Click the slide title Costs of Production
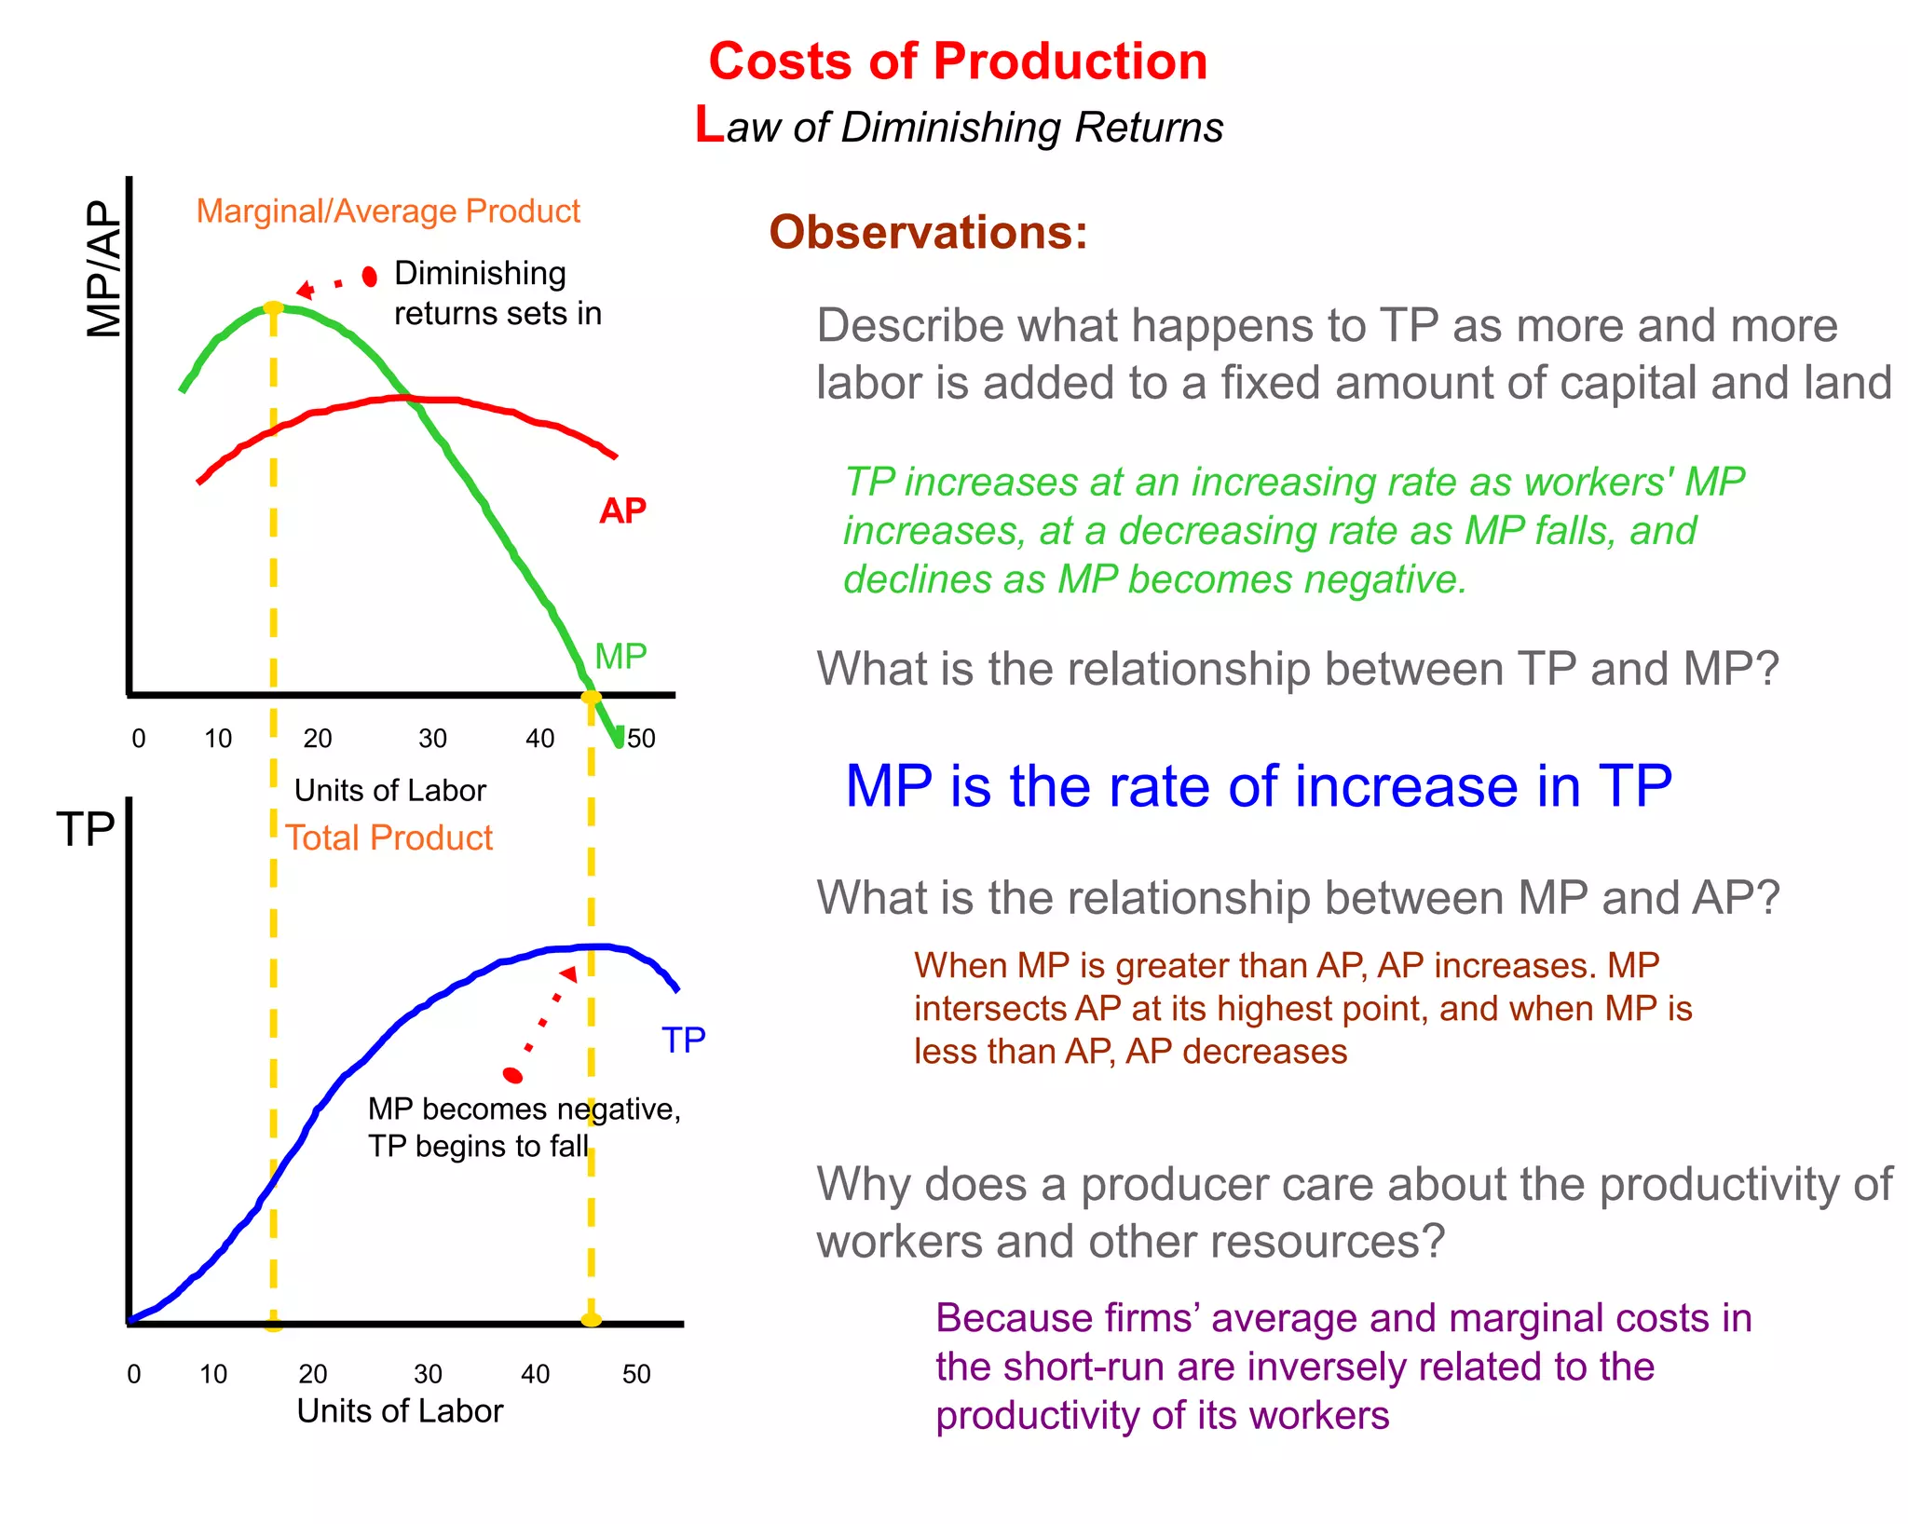click(957, 61)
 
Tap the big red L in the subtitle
click(709, 125)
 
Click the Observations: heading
click(928, 232)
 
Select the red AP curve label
click(622, 510)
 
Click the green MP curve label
click(620, 657)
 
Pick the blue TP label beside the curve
click(683, 1040)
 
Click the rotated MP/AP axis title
click(104, 269)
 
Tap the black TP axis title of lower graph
click(86, 828)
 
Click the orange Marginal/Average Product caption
click(388, 211)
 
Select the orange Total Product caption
click(388, 837)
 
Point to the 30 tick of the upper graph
click(432, 739)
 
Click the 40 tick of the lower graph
click(535, 1374)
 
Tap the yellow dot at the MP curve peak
click(273, 308)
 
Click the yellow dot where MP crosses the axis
click(591, 697)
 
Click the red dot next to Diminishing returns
click(370, 276)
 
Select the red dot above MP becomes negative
click(512, 1076)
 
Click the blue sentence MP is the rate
click(1258, 786)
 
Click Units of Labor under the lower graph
click(400, 1410)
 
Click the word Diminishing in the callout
click(480, 273)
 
